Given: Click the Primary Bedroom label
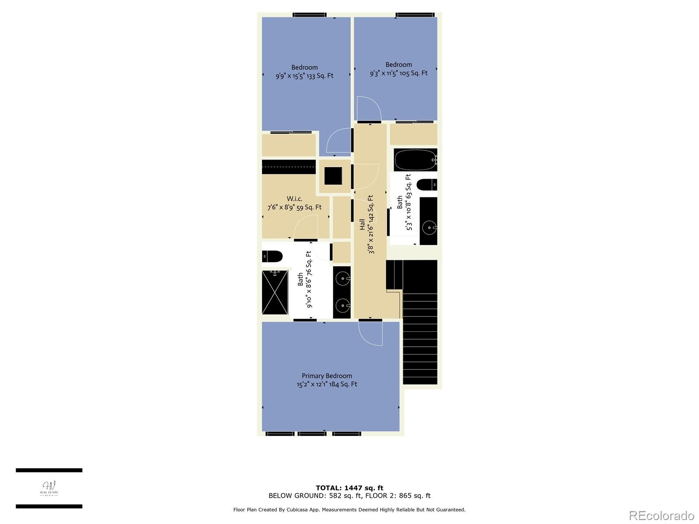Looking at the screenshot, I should [x=327, y=376].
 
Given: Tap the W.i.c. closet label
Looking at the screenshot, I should [x=294, y=199].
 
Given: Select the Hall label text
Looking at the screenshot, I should [x=362, y=224].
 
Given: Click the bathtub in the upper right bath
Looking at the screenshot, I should [x=415, y=160].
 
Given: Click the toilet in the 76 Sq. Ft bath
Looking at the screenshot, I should [x=272, y=256].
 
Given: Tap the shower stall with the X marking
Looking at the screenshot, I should [x=275, y=292].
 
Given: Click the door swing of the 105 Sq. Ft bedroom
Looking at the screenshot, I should [x=368, y=109].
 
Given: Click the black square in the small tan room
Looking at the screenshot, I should [x=333, y=176].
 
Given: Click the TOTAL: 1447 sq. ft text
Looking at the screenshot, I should [x=349, y=488].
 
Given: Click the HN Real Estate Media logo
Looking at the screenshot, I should [x=49, y=489].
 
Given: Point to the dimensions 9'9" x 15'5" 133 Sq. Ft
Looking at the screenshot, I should [x=304, y=76].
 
